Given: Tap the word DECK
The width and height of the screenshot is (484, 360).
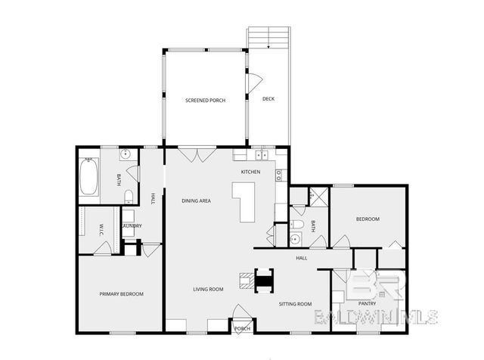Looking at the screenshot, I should (x=268, y=99).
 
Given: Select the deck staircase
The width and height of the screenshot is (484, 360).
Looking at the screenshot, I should (x=269, y=38).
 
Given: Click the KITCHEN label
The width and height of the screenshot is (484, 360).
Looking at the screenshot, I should (x=251, y=172).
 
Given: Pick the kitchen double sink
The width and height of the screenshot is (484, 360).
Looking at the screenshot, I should (x=262, y=155).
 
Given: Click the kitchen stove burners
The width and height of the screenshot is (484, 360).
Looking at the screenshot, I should (x=278, y=175).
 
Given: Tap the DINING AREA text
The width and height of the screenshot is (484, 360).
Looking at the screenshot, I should (x=196, y=200).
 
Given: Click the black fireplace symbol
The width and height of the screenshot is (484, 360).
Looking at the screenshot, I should (x=263, y=281).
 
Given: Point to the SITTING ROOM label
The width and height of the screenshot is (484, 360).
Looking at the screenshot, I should (x=296, y=304).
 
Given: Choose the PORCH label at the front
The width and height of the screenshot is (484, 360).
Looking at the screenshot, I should (x=242, y=329).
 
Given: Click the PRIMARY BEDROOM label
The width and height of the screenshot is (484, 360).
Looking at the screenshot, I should (x=122, y=293).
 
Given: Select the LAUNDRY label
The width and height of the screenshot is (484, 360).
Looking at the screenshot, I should (x=132, y=225).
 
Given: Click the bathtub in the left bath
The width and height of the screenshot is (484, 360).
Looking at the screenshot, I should (x=89, y=177).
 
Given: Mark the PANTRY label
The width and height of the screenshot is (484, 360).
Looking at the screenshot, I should (x=368, y=304).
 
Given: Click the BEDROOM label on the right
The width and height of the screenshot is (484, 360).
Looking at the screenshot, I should (x=368, y=219).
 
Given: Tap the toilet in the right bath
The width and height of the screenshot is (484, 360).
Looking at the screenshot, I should (x=297, y=225).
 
